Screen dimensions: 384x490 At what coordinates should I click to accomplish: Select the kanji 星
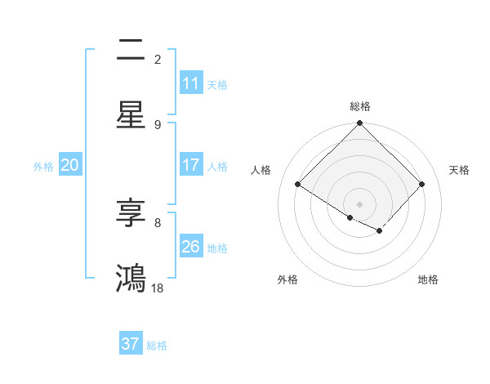[x=131, y=114]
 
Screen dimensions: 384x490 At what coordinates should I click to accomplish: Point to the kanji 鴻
[x=131, y=278]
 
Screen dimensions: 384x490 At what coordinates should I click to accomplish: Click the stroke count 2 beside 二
[x=158, y=59]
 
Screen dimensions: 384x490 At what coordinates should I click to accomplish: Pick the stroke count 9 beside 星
[x=158, y=124]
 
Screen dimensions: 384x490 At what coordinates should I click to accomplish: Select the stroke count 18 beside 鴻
[x=158, y=288]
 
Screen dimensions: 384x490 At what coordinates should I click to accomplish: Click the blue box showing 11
[x=191, y=83]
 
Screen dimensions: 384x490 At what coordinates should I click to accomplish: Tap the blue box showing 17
[x=191, y=165]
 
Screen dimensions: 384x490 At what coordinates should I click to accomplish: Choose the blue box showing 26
[x=191, y=247]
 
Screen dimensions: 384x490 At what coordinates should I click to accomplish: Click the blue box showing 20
[x=70, y=165]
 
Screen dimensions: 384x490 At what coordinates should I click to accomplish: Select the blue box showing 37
[x=131, y=344]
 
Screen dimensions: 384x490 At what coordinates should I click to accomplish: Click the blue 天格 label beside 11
[x=217, y=84]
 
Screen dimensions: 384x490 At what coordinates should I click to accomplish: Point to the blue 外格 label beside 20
[x=43, y=166]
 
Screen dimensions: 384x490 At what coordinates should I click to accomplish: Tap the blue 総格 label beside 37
[x=157, y=345]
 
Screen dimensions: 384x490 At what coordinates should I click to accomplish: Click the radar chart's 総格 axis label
[x=360, y=106]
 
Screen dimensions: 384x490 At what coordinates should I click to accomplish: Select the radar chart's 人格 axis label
[x=261, y=170]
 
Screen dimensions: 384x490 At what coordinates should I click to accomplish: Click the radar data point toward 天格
[x=421, y=184]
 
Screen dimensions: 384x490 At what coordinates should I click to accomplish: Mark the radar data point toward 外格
[x=350, y=217]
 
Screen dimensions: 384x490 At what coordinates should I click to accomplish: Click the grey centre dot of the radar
[x=360, y=203]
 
